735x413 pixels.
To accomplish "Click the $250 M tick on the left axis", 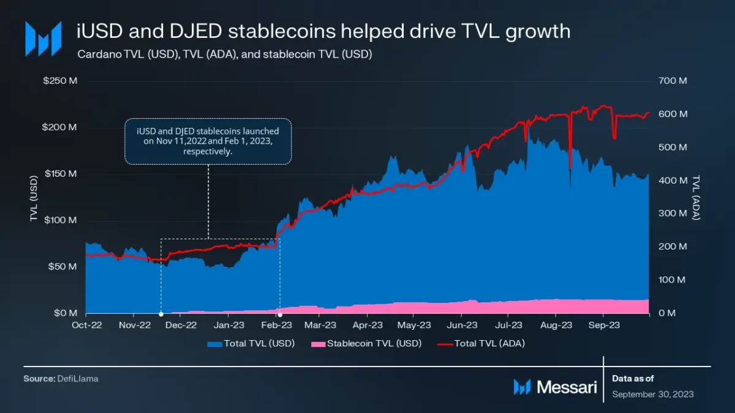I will click(60, 81).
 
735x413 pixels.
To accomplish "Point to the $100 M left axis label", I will click(60, 220).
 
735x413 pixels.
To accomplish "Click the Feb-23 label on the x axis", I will click(279, 325).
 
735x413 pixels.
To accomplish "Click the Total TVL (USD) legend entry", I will click(252, 344).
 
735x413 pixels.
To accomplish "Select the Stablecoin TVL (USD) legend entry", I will click(367, 344).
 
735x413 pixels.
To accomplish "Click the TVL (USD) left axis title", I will click(34, 198).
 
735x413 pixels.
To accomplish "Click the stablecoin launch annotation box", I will click(208, 141).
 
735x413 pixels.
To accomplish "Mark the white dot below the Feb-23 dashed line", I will click(280, 314).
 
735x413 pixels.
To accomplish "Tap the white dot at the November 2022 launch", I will click(161, 314).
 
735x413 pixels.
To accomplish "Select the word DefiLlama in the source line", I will click(78, 379).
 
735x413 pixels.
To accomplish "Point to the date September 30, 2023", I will click(653, 395).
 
